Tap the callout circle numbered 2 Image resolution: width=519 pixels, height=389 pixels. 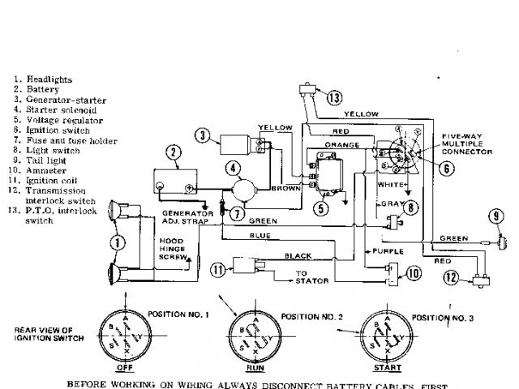[173, 152]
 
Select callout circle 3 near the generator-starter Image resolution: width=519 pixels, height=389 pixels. [203, 135]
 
